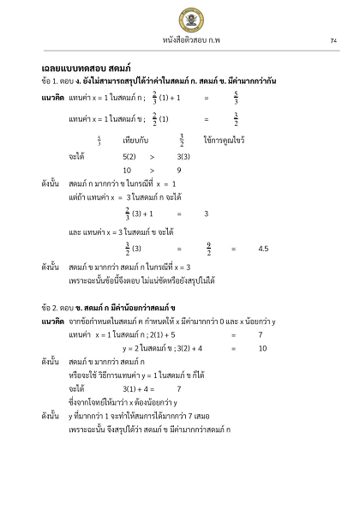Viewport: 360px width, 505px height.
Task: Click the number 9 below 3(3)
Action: (x=179, y=170)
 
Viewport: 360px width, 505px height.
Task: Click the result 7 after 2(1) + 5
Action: (x=260, y=334)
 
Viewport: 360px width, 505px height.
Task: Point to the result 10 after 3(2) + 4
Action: (x=262, y=348)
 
